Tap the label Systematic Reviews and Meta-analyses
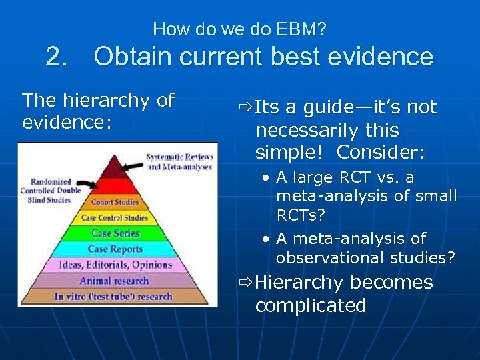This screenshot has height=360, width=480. click(x=179, y=161)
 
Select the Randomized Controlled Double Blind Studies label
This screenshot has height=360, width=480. click(x=55, y=191)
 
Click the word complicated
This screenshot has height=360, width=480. click(x=311, y=305)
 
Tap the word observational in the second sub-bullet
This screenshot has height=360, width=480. click(x=317, y=257)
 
